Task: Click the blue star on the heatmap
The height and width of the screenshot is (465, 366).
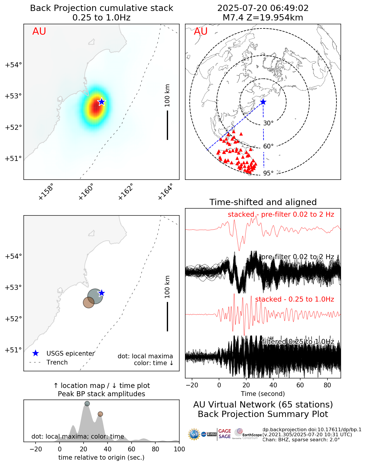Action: coord(101,102)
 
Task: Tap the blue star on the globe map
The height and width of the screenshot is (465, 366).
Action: coord(263,102)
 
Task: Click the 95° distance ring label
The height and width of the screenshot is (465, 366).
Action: coord(268,173)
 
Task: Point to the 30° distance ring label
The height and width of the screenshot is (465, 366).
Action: coord(268,123)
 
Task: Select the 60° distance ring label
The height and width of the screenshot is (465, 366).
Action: coord(268,146)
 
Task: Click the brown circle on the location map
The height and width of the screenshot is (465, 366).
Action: coord(89,302)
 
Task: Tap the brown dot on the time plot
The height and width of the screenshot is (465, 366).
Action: coord(100,414)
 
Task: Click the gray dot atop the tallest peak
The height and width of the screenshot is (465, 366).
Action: coord(87,404)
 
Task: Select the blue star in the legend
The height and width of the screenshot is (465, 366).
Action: coord(36,353)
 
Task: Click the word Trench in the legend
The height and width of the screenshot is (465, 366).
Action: coord(57,362)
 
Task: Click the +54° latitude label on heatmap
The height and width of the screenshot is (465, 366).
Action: coord(13,65)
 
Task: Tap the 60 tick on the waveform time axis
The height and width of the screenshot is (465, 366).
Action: coord(300,385)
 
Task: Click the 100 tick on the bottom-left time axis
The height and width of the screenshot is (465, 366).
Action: coord(179,449)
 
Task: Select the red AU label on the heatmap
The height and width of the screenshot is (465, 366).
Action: coord(39,31)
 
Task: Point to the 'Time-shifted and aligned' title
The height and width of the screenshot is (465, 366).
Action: coord(263,202)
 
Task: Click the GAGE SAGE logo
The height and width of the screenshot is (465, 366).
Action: coord(225,434)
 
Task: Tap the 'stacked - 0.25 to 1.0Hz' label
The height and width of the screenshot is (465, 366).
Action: coord(294,299)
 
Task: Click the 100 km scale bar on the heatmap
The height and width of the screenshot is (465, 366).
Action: coord(167,125)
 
